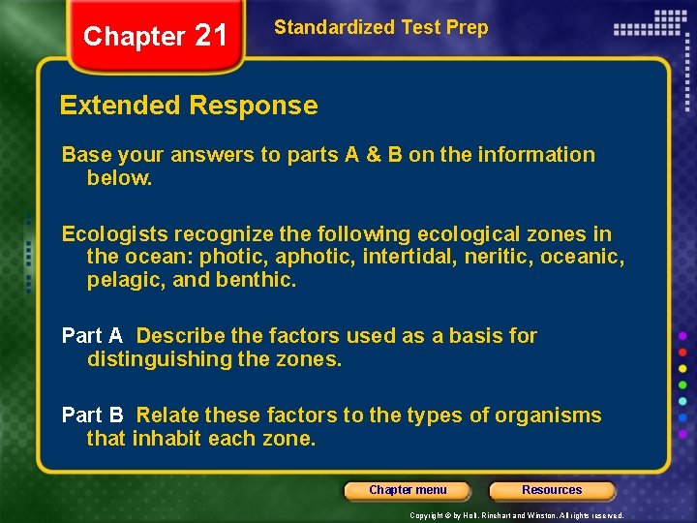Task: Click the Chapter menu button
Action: point(408,490)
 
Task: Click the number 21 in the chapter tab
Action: point(210,36)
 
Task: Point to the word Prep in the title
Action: point(467,27)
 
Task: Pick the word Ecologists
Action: point(110,234)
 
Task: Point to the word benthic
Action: point(261,281)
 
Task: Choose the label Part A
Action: point(92,336)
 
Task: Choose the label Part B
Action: point(92,415)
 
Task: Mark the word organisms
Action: point(548,415)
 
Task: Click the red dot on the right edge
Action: point(682,352)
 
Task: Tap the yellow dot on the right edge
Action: point(682,368)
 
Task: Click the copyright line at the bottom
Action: point(516,515)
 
